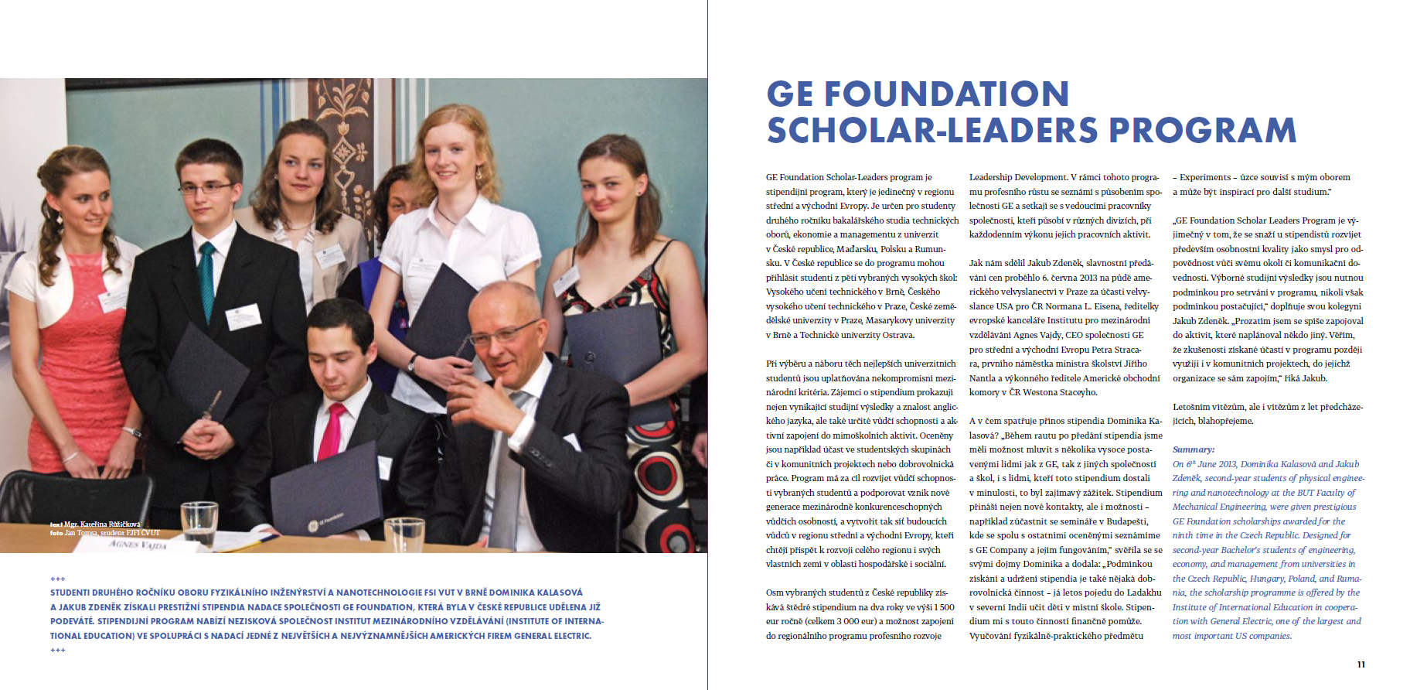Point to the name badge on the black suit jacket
click(243, 316)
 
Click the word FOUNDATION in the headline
click(946, 94)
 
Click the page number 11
click(1361, 664)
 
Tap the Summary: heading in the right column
click(1193, 449)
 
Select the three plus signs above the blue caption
click(58, 579)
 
